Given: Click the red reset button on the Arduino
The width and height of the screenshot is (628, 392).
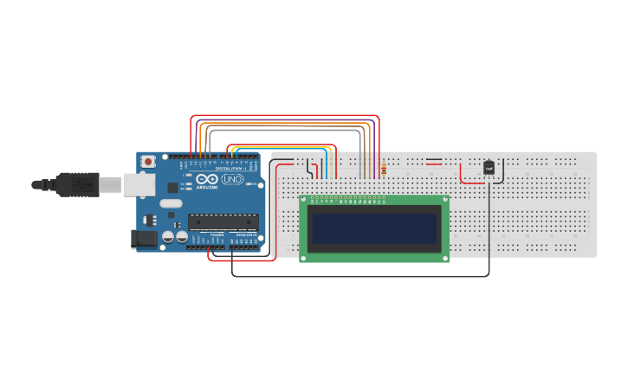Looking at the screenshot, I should point(149,161).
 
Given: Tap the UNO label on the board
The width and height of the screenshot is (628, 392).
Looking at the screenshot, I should point(232,179).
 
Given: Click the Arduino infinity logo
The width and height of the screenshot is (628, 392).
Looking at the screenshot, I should point(206,179).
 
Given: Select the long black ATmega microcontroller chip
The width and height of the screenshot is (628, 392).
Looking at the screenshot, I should point(223,222).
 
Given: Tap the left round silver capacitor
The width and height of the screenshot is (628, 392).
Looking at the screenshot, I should point(168,236).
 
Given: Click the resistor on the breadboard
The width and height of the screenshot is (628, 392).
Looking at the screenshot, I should point(384,170).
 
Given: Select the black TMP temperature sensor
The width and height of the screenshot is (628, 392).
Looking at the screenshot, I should point(489,168).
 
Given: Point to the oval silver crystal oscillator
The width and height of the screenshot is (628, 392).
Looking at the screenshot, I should point(172,205).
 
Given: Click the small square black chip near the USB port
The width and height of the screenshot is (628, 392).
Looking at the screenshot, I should point(172,187).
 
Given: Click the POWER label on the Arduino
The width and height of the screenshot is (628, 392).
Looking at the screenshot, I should point(217,235).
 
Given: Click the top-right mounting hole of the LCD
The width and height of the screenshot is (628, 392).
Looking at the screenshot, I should point(444,200).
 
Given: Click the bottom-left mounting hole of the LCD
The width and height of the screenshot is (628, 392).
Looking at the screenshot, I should point(304,257).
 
